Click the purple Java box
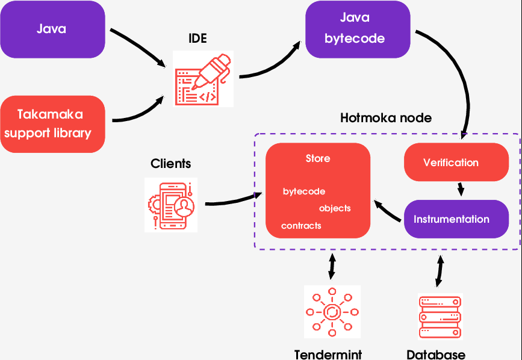52,29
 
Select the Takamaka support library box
52,123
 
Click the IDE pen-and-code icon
203,79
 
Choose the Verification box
450,163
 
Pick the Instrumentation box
452,219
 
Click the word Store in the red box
317,159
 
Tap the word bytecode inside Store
304,191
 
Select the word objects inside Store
335,208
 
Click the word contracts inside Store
301,226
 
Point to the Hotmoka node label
386,117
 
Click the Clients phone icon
171,205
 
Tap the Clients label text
170,164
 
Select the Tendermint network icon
332,312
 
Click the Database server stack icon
439,316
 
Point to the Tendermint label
328,354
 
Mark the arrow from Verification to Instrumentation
461,189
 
